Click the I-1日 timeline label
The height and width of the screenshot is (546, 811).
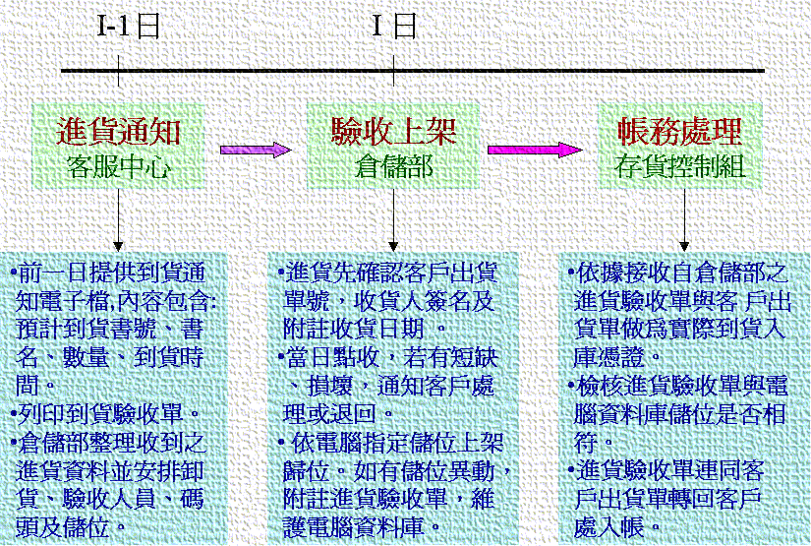tap(127, 26)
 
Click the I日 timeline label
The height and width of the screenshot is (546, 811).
tap(393, 26)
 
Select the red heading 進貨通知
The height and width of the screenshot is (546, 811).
tap(119, 132)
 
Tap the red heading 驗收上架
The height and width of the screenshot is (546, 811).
tap(393, 132)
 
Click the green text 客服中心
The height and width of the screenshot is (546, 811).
tap(119, 165)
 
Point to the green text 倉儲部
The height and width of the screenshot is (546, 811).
tap(393, 165)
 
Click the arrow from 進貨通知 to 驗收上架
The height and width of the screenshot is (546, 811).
tap(256, 150)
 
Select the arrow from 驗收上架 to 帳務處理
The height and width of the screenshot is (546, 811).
tap(535, 150)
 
